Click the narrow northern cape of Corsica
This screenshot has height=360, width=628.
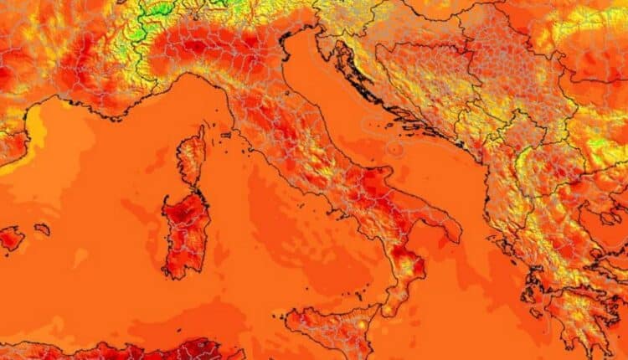coord(201,133)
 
